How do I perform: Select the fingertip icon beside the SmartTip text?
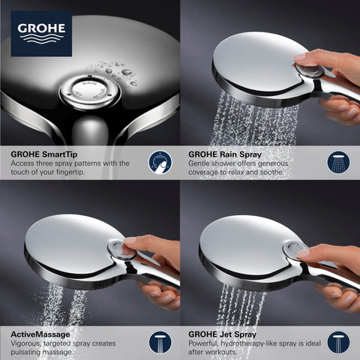coord(158,162)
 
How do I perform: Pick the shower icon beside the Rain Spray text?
coord(338,162)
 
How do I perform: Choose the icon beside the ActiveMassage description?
coord(158,341)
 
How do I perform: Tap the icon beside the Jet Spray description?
coord(338,341)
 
